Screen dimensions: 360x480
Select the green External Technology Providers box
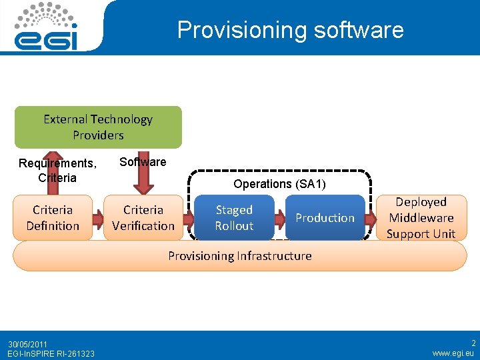click(x=98, y=127)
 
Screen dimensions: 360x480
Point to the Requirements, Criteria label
click(x=57, y=171)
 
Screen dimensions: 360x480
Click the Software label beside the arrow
click(x=143, y=162)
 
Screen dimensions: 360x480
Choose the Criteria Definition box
click(x=53, y=218)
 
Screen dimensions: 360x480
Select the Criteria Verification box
click(x=143, y=218)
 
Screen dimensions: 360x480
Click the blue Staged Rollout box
click(x=234, y=218)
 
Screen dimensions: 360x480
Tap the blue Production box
click(x=325, y=218)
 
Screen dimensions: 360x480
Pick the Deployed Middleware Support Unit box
click(x=421, y=218)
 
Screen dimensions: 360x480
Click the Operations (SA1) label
click(x=279, y=184)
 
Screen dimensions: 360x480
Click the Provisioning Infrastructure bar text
click(x=239, y=256)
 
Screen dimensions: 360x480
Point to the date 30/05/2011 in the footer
click(x=28, y=344)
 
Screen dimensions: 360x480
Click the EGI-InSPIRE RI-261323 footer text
click(x=51, y=353)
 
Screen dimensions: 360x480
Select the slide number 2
click(x=473, y=343)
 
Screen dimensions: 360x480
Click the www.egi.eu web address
click(x=454, y=353)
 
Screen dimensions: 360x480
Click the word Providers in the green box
click(x=98, y=135)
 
